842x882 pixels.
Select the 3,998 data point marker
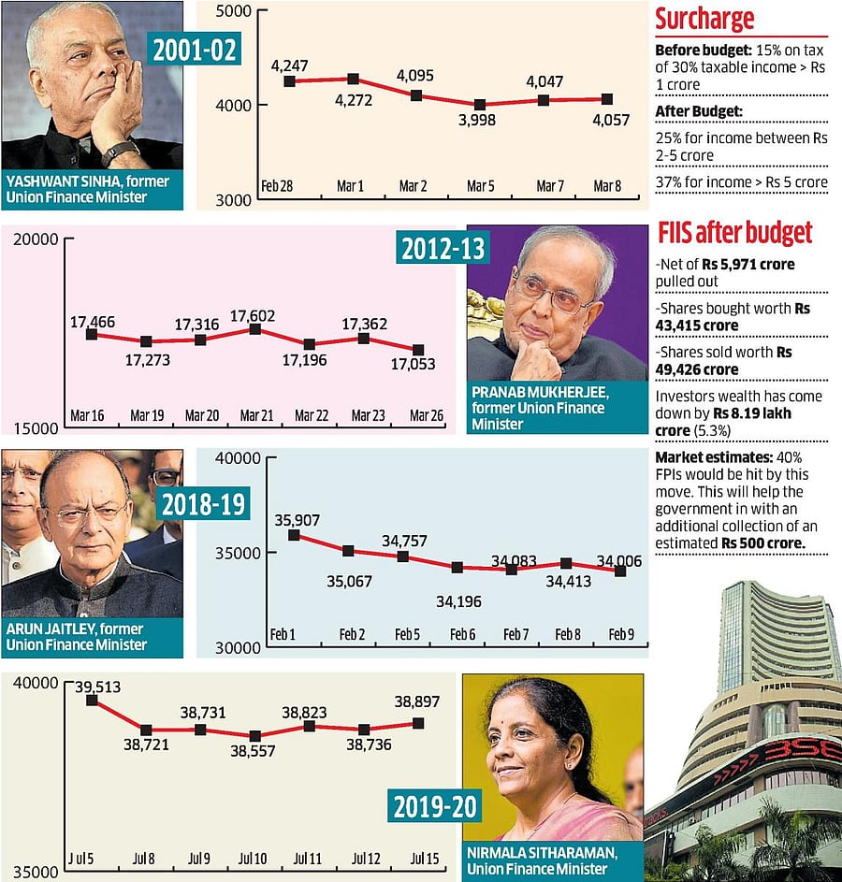tap(480, 105)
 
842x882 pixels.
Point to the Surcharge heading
tap(704, 19)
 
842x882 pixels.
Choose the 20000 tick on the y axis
tap(33, 239)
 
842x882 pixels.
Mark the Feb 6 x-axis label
tap(462, 635)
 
